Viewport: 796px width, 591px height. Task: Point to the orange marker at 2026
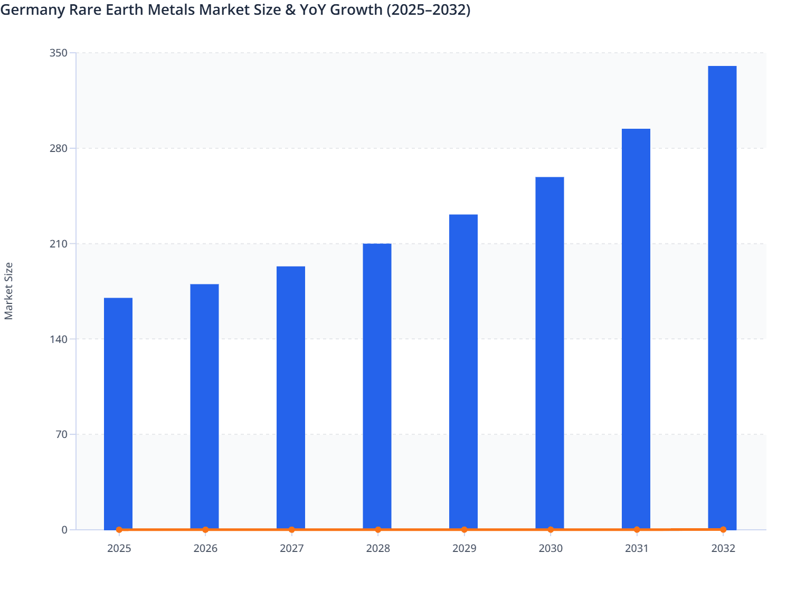click(x=205, y=529)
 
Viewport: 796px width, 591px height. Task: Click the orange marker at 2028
click(x=378, y=529)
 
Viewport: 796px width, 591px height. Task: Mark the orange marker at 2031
click(x=637, y=529)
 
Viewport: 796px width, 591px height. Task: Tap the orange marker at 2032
click(x=723, y=529)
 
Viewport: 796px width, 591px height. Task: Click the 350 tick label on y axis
click(x=59, y=53)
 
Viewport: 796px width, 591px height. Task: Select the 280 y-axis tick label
click(x=59, y=148)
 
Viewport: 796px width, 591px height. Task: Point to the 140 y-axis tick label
click(x=59, y=339)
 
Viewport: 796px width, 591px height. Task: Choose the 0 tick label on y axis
click(x=64, y=530)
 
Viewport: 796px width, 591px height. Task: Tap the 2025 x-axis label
click(x=119, y=548)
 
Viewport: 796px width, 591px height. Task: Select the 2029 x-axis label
click(x=464, y=548)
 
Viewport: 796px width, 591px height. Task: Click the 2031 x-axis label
click(x=637, y=548)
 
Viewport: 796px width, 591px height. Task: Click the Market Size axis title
click(x=8, y=291)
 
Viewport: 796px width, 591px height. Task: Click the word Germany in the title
click(x=32, y=9)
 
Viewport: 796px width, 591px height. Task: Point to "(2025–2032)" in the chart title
click(x=428, y=9)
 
